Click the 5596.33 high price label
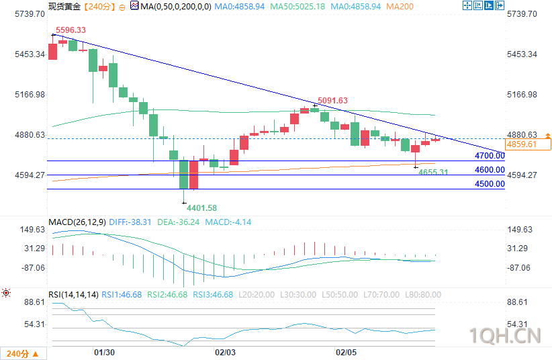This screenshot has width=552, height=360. [x=71, y=30]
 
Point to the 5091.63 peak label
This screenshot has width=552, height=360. [x=333, y=100]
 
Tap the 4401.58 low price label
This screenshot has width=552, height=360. [x=202, y=208]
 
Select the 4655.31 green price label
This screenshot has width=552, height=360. [x=433, y=173]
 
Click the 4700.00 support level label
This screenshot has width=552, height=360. [x=490, y=156]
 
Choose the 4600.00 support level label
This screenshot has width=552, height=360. [x=490, y=170]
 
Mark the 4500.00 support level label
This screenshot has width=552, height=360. [x=490, y=183]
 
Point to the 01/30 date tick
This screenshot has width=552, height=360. [x=104, y=352]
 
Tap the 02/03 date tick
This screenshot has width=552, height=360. [x=224, y=352]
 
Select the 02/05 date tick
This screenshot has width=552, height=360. [x=345, y=352]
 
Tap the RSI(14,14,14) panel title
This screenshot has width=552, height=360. [x=74, y=294]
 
